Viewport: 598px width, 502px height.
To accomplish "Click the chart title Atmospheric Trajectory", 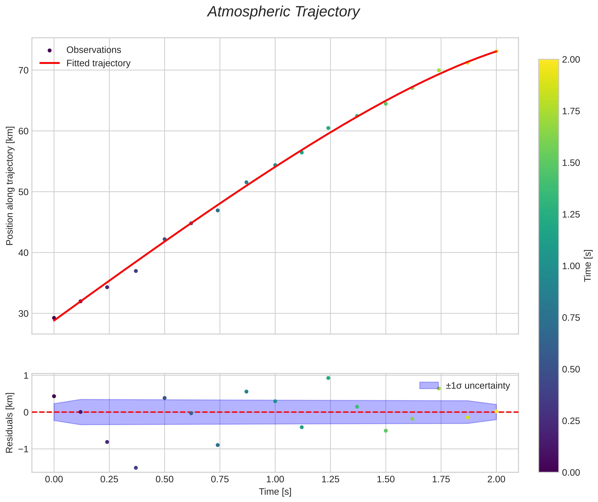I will pos(283,12).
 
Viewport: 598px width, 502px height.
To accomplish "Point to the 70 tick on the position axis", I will pos(24,70).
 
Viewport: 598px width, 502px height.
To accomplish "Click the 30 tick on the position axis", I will pos(24,314).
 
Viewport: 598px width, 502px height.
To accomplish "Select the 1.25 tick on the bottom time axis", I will pos(330,479).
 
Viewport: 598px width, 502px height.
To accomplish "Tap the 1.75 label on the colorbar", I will pos(571,111).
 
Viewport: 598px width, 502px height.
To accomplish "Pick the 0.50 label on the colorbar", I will pos(571,369).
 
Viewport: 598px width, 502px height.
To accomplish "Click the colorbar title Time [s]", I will pos(588,266).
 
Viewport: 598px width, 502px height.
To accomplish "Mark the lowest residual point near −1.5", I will pos(136,468).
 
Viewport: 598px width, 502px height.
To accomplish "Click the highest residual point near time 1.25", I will pos(328,378).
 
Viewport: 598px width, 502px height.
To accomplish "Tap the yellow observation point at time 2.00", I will pos(496,51).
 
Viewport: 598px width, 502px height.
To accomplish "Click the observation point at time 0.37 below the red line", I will pos(136,271).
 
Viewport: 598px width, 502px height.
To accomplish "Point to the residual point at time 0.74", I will pos(218,445).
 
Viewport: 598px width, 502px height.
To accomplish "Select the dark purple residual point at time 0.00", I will pos(54,396).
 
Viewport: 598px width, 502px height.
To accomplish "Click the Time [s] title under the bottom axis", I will pos(275,492).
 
